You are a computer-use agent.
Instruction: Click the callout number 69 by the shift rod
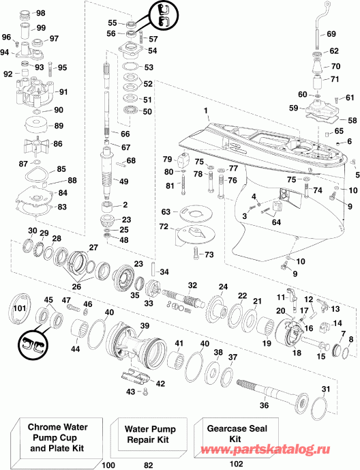pyautogui.click(x=331, y=34)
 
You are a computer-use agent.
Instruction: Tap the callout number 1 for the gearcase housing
pyautogui.click(x=204, y=111)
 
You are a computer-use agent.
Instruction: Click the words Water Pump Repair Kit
pyautogui.click(x=149, y=435)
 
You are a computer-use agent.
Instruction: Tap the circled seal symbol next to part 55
pyautogui.click(x=164, y=12)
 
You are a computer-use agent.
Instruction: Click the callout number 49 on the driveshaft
pyautogui.click(x=123, y=181)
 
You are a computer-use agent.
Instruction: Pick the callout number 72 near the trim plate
pyautogui.click(x=164, y=226)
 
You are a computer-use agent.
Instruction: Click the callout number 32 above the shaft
pyautogui.click(x=193, y=284)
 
